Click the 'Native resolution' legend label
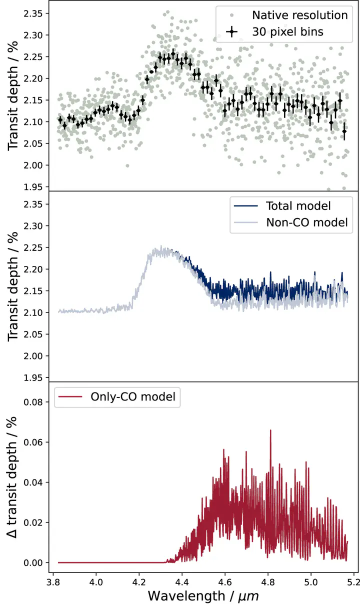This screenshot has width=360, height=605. tap(299, 15)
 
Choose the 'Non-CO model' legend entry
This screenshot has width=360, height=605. tap(306, 222)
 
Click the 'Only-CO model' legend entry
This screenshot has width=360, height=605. tap(132, 397)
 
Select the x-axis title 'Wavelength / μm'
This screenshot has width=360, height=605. tap(203, 595)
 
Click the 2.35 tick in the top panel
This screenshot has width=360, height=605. tap(33, 13)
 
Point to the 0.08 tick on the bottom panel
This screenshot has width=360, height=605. tap(33, 402)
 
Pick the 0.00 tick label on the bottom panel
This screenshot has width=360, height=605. tap(33, 562)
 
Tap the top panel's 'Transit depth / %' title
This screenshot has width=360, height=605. tap(14, 95)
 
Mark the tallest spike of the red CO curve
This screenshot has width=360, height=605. tap(270, 430)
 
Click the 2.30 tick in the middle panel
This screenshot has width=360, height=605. tap(33, 226)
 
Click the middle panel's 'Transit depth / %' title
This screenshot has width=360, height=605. tap(14, 287)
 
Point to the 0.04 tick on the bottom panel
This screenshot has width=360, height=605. tap(33, 482)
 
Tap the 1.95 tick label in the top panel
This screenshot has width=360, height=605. tap(33, 187)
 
